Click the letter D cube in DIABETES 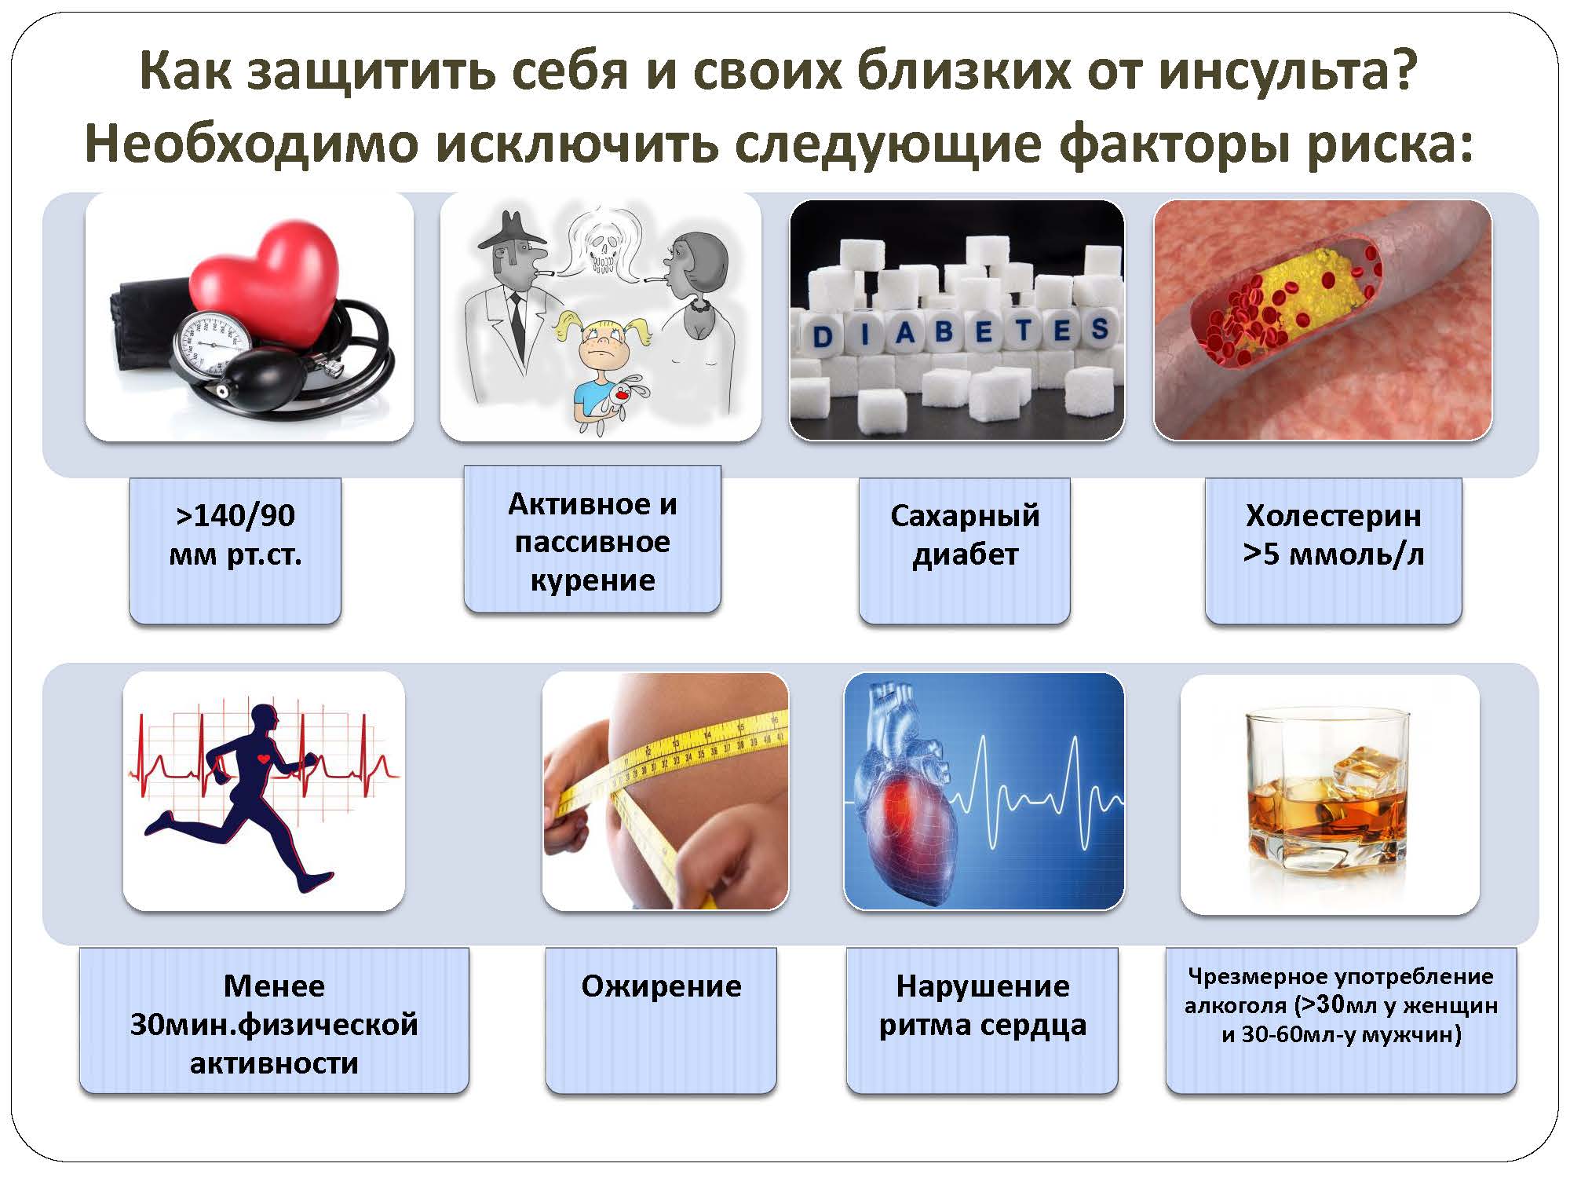[821, 336]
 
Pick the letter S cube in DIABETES [1099, 328]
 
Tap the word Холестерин [1334, 516]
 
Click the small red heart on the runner [265, 759]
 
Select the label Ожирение [661, 986]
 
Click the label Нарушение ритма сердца [982, 1006]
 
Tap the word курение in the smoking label [593, 581]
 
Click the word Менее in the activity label [274, 986]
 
